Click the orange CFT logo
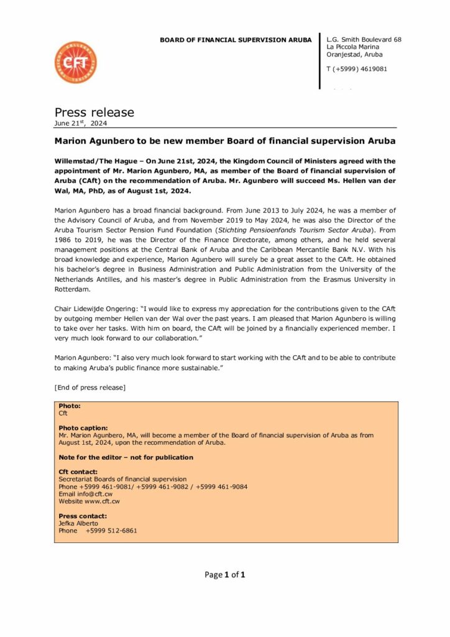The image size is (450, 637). [x=76, y=63]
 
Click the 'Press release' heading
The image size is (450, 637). [x=94, y=113]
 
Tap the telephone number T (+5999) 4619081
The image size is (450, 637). [x=356, y=69]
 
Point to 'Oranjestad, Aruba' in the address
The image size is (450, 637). [x=354, y=55]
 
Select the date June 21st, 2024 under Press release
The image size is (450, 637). [x=81, y=123]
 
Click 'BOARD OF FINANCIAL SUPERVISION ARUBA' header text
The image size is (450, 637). [x=236, y=40]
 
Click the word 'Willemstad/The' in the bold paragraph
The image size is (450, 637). [x=80, y=160]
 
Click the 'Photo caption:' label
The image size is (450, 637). [x=83, y=428]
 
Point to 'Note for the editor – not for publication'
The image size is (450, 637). [x=126, y=457]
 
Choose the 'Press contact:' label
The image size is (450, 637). [x=83, y=516]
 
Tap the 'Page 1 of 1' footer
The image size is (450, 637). [x=224, y=575]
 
